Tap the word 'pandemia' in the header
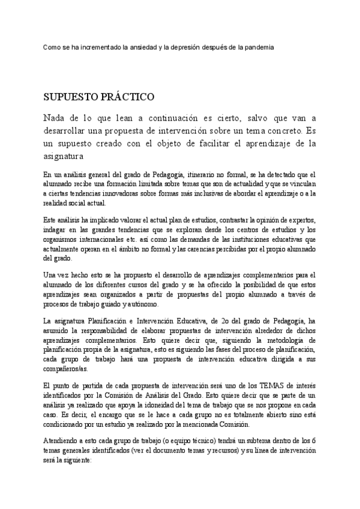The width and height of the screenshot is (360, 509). coord(259,47)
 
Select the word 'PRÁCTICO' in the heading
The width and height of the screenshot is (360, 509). coord(125,97)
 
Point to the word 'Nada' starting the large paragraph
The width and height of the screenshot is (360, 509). coord(56,118)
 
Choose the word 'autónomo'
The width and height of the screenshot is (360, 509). coord(149,304)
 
